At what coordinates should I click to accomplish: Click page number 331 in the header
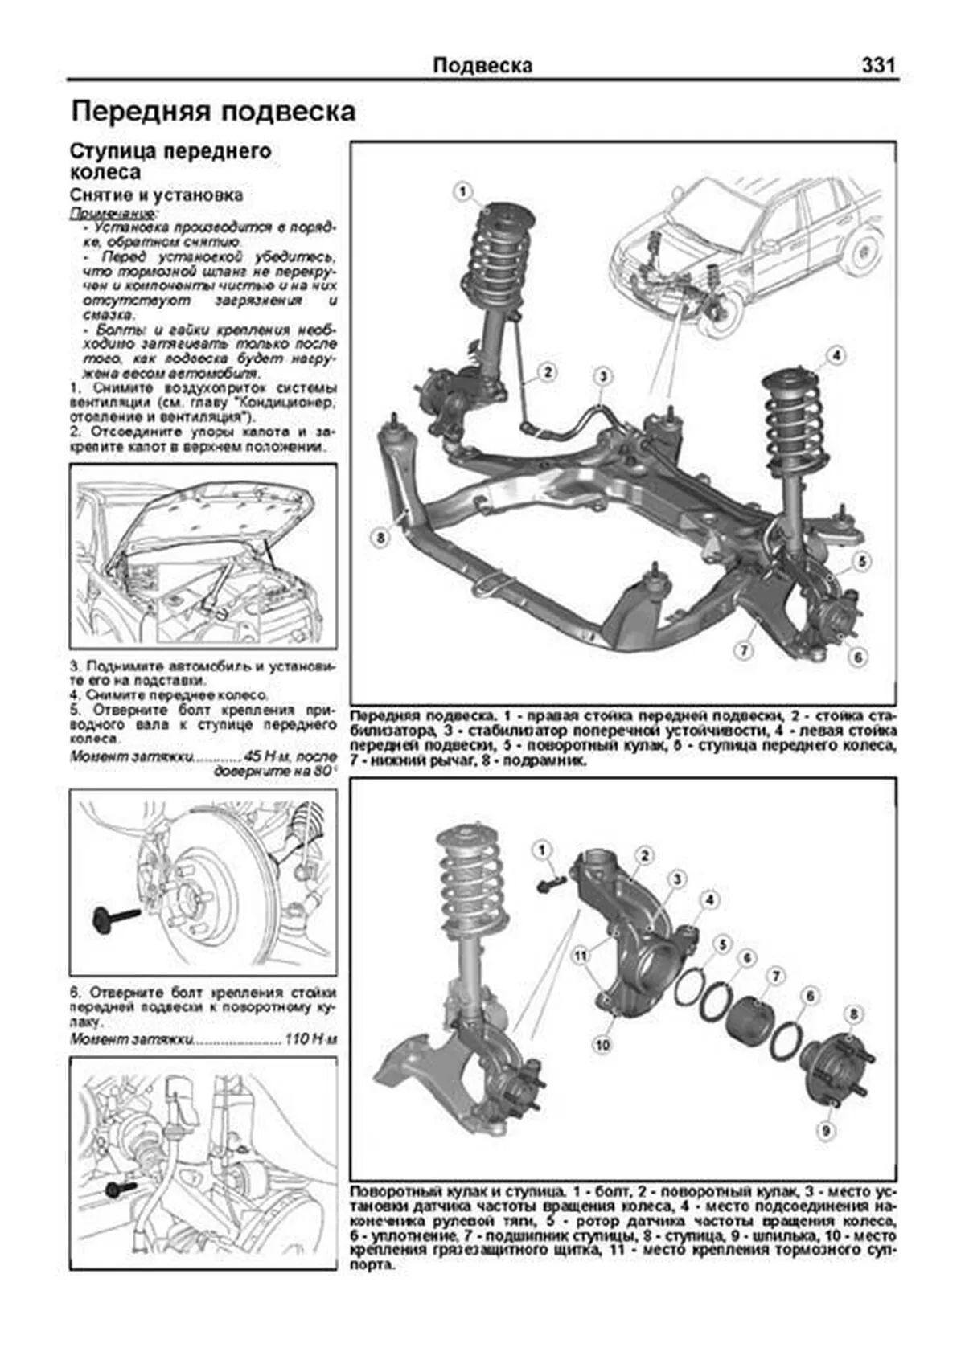pyautogui.click(x=877, y=65)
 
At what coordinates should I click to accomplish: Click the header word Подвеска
pyautogui.click(x=482, y=65)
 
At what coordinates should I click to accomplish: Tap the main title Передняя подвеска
pyautogui.click(x=213, y=111)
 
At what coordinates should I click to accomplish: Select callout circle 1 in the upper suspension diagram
pyautogui.click(x=462, y=191)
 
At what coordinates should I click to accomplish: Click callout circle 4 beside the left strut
pyautogui.click(x=836, y=354)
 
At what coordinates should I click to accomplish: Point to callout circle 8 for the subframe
pyautogui.click(x=381, y=538)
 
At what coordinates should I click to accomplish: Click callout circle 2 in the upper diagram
pyautogui.click(x=547, y=371)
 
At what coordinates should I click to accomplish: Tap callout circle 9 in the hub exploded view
pyautogui.click(x=824, y=1131)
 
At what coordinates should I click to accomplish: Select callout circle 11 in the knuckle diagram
pyautogui.click(x=581, y=956)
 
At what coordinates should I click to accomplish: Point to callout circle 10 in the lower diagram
pyautogui.click(x=602, y=1044)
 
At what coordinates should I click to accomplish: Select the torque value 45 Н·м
pyautogui.click(x=265, y=756)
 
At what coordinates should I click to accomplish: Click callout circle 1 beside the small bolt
pyautogui.click(x=541, y=850)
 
